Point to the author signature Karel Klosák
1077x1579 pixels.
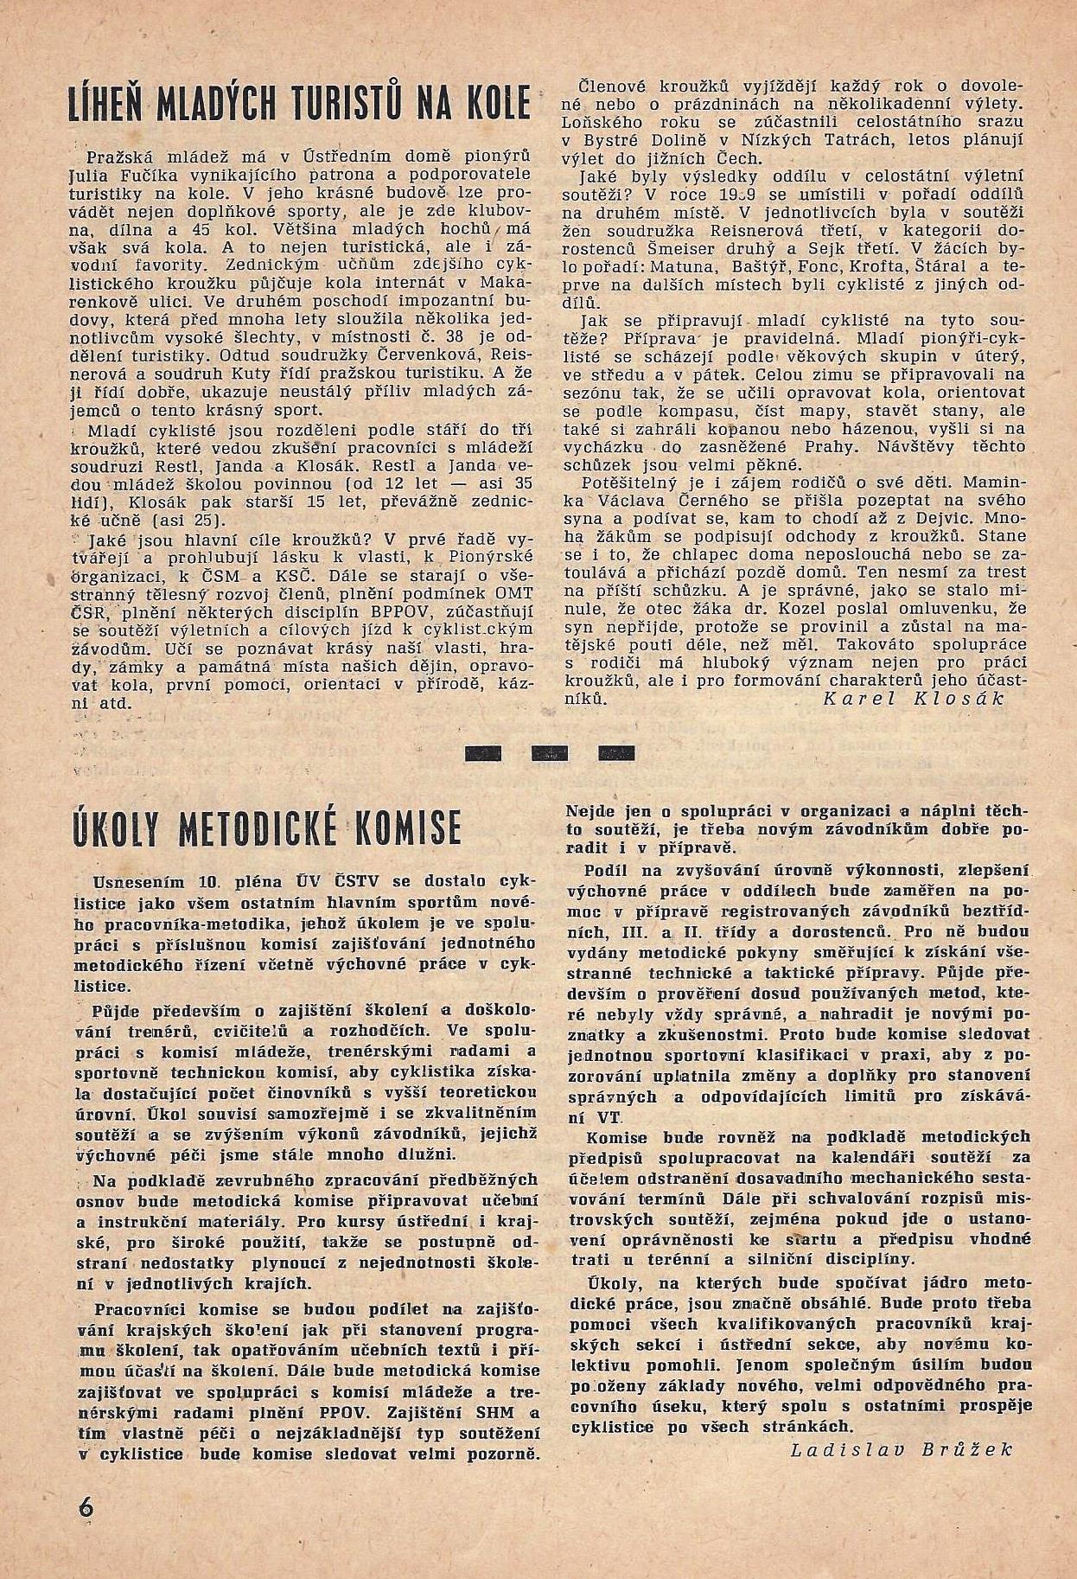coord(912,699)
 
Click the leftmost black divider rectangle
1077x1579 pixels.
coord(483,751)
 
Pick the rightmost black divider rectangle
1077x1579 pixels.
coord(615,751)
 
